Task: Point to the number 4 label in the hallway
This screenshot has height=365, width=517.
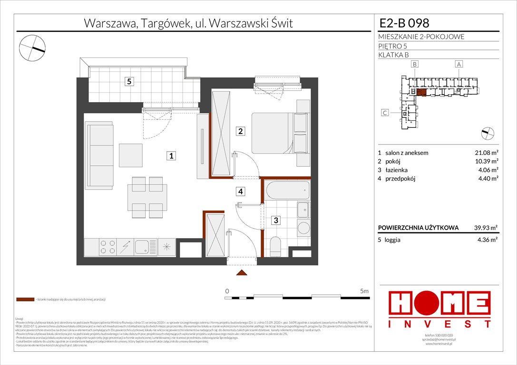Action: click(x=241, y=192)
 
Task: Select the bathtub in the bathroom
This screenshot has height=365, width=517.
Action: click(x=287, y=190)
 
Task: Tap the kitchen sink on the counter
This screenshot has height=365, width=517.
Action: click(x=142, y=247)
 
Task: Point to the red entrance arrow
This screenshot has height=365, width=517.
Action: click(x=242, y=273)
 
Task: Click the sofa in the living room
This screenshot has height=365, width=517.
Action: click(x=99, y=155)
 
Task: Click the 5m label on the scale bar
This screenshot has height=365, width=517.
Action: click(x=364, y=290)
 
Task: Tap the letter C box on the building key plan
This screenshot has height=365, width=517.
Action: click(x=385, y=113)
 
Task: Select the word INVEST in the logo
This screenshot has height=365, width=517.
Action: click(x=439, y=324)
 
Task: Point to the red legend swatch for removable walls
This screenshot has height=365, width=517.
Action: click(x=25, y=300)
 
